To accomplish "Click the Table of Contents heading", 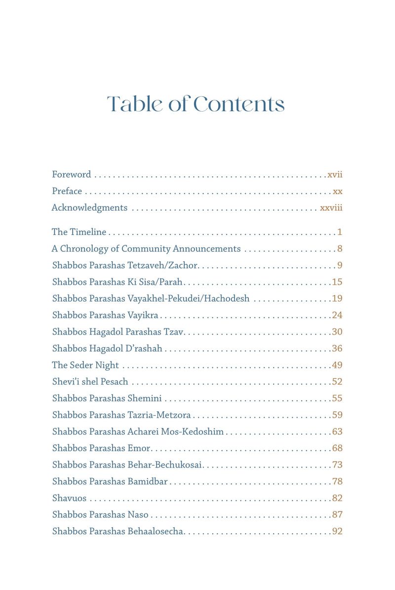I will click(196, 104).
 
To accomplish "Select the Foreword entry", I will click(72, 174).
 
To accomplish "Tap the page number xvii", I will click(335, 174).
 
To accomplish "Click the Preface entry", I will click(67, 191).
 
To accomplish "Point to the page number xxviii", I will click(331, 208).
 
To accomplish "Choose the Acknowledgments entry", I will click(89, 208).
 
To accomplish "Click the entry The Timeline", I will click(79, 232).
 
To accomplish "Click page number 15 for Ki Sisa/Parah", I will click(337, 282).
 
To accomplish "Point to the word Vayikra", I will click(143, 315).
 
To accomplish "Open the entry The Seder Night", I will click(85, 365).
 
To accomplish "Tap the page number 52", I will click(337, 382).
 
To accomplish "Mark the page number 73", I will click(337, 465).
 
